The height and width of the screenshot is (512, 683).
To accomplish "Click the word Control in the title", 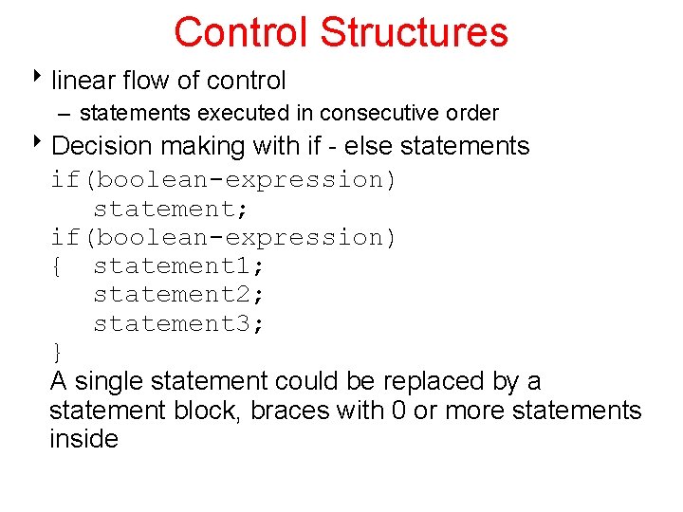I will point(243,31).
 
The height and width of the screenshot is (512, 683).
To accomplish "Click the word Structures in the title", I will point(415,31).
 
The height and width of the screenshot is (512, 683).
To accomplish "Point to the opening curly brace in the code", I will point(58,266).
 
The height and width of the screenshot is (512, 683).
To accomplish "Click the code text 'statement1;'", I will point(178,266).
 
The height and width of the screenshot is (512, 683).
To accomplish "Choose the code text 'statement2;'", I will point(178,295).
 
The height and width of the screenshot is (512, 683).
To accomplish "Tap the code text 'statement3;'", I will point(178,324).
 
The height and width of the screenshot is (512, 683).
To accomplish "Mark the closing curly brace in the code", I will point(58,353).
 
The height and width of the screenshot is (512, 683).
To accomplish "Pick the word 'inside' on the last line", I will point(83,439).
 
